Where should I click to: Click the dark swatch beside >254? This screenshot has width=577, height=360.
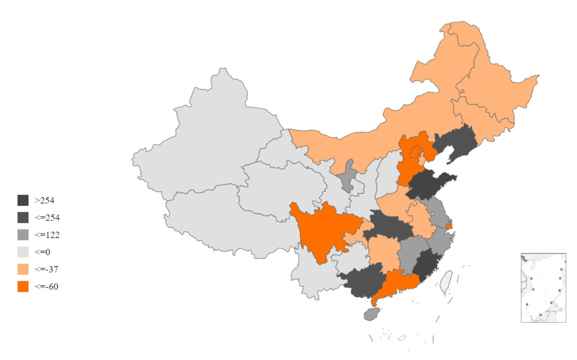click(23, 200)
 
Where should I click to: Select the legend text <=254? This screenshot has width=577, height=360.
click(47, 218)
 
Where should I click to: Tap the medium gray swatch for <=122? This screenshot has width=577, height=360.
click(23, 234)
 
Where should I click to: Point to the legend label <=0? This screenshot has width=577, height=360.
click(42, 252)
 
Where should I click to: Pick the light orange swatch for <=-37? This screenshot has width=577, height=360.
click(23, 269)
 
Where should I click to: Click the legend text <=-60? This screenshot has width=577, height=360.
click(46, 286)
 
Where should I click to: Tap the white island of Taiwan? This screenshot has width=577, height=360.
click(445, 282)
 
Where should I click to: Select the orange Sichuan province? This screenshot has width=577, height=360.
click(321, 230)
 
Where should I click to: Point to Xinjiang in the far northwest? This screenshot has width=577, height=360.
click(214, 134)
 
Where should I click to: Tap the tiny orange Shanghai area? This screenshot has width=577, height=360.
click(449, 228)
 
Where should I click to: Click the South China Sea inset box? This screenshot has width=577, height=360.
click(543, 288)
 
